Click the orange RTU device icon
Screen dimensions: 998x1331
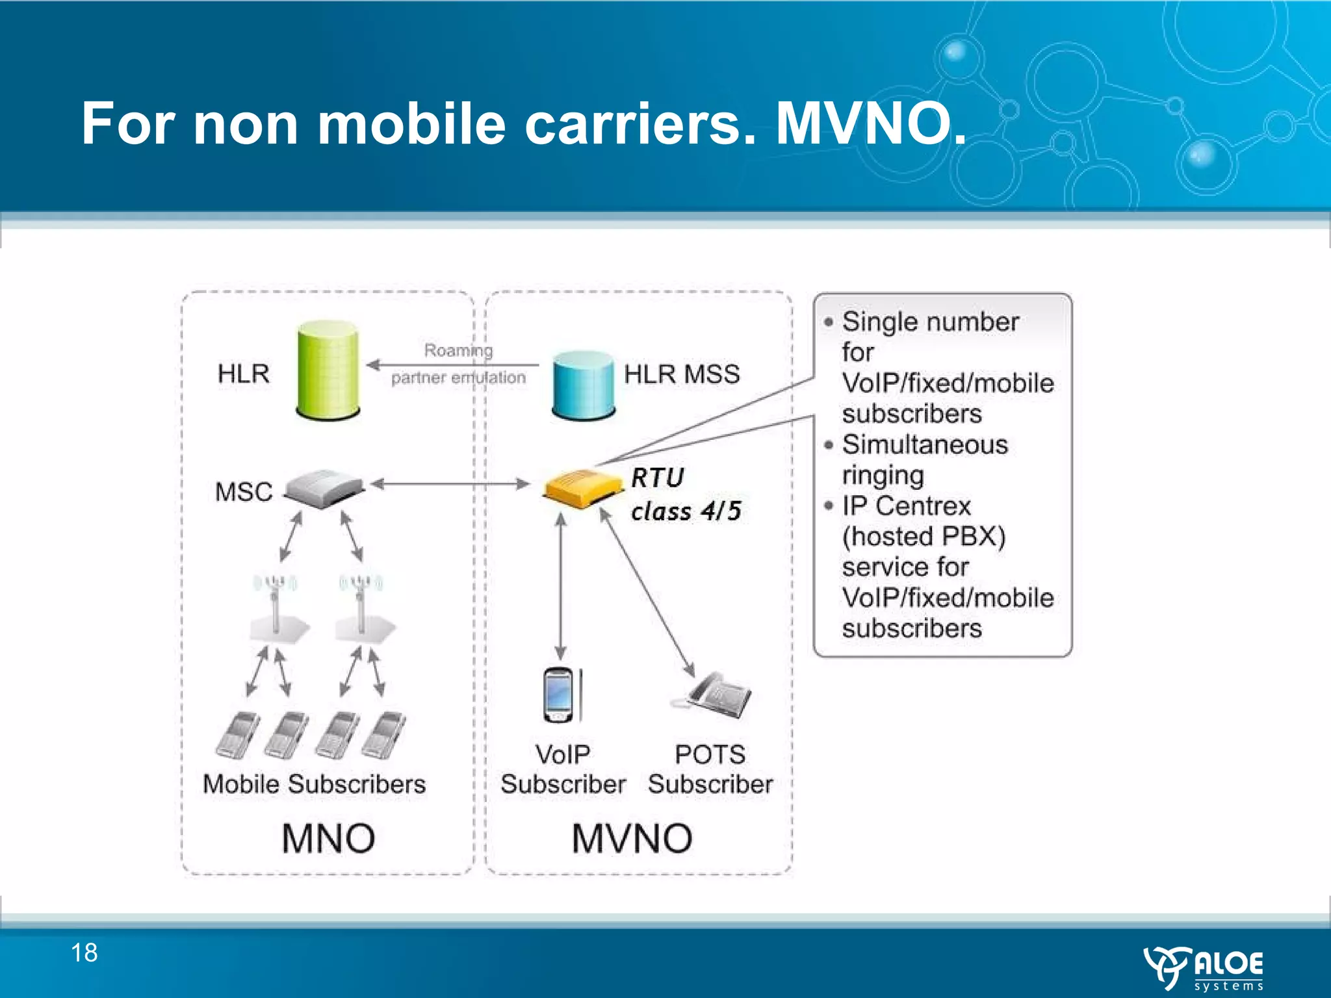coord(583,487)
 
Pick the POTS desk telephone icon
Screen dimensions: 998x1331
coord(715,695)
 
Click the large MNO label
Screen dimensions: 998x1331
coord(328,838)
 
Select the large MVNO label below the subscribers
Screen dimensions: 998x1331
coord(632,838)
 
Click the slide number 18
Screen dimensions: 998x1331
coord(84,953)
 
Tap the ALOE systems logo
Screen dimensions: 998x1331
coord(1204,968)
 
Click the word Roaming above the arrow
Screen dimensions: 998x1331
coord(458,350)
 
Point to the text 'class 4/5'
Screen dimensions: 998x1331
coord(686,511)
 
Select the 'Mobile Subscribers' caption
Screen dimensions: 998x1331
coord(314,784)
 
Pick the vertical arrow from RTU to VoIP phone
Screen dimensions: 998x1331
coord(561,585)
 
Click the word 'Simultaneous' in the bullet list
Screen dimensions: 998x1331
coord(925,445)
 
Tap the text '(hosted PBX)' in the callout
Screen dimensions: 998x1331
coord(924,537)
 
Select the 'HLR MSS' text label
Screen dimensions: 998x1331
coord(682,374)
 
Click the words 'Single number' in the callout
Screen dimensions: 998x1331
coord(930,322)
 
